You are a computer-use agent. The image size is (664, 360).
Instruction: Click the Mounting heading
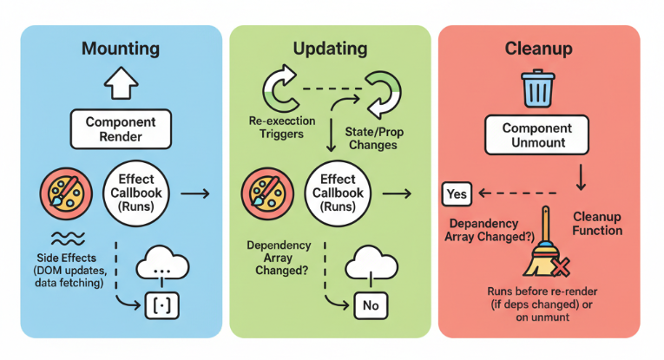point(120,49)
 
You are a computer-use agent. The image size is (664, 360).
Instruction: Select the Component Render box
point(120,129)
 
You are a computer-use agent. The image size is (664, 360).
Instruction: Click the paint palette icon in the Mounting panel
point(62,194)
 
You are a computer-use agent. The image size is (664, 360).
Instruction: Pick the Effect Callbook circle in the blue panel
point(135,193)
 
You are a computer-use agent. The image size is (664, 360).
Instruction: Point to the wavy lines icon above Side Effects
point(62,238)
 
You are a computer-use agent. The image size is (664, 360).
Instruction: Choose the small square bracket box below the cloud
point(161,304)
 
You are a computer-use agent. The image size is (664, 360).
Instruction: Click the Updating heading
point(330,49)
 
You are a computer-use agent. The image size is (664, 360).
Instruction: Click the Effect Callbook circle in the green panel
point(332,193)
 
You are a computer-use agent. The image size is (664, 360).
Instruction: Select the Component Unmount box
point(538,135)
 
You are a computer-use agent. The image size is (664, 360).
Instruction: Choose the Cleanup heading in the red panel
point(538,49)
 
